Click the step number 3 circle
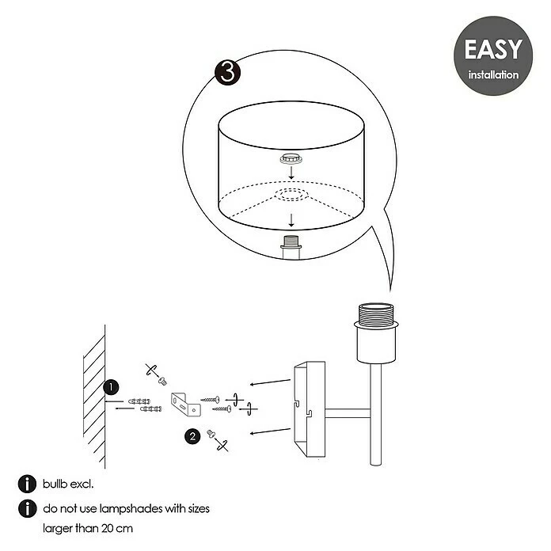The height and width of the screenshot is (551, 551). (x=228, y=72)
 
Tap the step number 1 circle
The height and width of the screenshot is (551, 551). (x=111, y=387)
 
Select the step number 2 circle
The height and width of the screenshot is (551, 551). (x=192, y=436)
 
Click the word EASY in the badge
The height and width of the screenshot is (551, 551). (x=493, y=49)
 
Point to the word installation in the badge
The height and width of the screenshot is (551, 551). (x=493, y=74)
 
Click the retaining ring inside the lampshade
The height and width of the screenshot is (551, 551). (x=291, y=159)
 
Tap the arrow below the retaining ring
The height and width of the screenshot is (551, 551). (x=291, y=173)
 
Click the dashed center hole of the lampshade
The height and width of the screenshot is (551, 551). (x=291, y=195)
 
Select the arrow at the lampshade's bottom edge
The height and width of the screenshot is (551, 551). (x=291, y=220)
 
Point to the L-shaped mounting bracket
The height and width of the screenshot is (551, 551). (x=186, y=405)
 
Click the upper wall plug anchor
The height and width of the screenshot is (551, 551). (x=139, y=401)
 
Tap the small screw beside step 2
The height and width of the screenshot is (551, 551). (x=211, y=434)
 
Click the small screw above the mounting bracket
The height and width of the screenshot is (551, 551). (x=162, y=381)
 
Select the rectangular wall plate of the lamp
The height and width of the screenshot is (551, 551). (x=310, y=409)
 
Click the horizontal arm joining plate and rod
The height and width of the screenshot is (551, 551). (x=348, y=413)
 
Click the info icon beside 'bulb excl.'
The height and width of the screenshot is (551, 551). (x=27, y=484)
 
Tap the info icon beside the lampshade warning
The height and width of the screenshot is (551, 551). (x=27, y=508)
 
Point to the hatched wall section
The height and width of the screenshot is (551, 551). (x=94, y=397)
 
